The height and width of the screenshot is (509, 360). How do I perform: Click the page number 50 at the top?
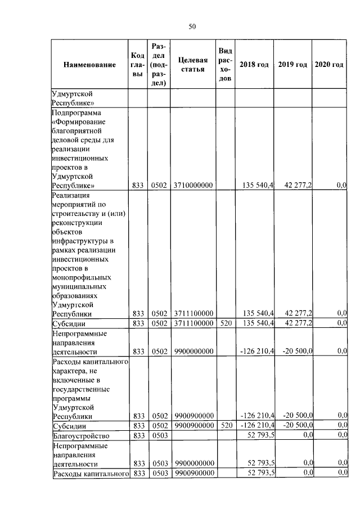click(192, 26)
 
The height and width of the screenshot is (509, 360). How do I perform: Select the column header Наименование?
click(90, 65)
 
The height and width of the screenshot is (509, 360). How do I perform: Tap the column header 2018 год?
click(254, 65)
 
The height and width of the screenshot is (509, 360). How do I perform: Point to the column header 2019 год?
click(292, 65)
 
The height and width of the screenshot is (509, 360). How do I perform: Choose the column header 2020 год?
click(329, 65)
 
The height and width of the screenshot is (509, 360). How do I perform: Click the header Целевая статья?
click(193, 65)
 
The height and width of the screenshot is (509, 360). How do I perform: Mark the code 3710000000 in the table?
click(193, 185)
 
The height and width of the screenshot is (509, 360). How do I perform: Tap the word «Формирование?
click(79, 123)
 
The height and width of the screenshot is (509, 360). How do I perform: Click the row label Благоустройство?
click(80, 436)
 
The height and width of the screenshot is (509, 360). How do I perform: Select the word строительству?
click(75, 214)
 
